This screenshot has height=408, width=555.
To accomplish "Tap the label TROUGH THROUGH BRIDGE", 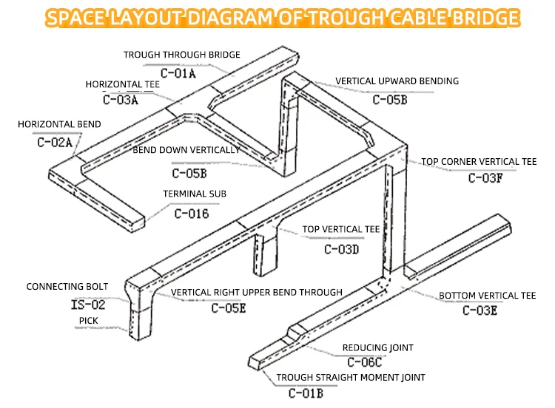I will (x=181, y=55).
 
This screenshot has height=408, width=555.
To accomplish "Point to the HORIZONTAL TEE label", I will (x=122, y=84).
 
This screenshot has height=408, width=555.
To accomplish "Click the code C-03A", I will (x=121, y=99).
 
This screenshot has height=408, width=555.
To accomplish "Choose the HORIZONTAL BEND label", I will (x=59, y=124).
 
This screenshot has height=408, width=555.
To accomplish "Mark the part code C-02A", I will (x=55, y=142).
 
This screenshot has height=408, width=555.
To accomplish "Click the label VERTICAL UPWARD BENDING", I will (x=397, y=81).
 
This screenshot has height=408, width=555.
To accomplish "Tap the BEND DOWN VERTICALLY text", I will (x=186, y=150).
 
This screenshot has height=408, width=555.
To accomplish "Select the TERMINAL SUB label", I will (x=195, y=194).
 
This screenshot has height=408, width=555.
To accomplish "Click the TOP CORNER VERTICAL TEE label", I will (x=479, y=161).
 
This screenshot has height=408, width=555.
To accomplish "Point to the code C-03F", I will (x=485, y=177).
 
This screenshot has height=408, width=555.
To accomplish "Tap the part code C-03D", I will (x=341, y=249).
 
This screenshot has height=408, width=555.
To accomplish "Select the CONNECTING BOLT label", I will (x=67, y=287).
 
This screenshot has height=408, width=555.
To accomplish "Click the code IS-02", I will (x=88, y=304).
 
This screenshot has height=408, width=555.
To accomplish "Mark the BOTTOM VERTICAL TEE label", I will (x=487, y=296).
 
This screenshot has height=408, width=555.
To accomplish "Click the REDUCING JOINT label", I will (x=377, y=347).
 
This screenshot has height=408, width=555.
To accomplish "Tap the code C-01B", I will (x=306, y=392).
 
